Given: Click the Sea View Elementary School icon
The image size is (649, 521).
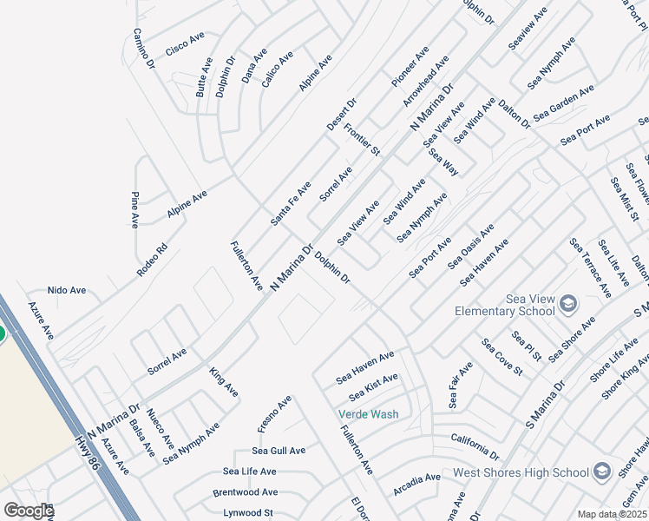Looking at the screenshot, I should (x=568, y=303).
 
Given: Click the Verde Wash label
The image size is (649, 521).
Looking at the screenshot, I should (x=369, y=414).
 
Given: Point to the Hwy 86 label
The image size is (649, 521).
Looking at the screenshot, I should (x=88, y=453).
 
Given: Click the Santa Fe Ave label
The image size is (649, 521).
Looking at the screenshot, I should (x=291, y=204).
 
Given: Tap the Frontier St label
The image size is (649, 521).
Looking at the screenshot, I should (x=362, y=140).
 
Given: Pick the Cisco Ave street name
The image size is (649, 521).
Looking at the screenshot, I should (x=185, y=44).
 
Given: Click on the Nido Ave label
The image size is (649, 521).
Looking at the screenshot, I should (x=67, y=290).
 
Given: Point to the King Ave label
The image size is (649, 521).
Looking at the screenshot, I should (x=223, y=382).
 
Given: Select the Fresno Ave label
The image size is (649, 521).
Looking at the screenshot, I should (x=274, y=415).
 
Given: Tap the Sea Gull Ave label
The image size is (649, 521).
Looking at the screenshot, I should (x=279, y=451).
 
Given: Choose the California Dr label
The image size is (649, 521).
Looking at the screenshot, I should (x=475, y=447).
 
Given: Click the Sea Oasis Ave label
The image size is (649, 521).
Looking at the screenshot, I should (x=471, y=246).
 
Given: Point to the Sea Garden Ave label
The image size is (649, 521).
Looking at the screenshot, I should (x=564, y=102).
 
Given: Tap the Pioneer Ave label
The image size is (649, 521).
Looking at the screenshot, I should (x=410, y=67).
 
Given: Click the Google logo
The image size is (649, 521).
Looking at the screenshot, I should (x=29, y=511).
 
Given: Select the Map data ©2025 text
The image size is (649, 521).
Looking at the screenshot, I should (x=612, y=514).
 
